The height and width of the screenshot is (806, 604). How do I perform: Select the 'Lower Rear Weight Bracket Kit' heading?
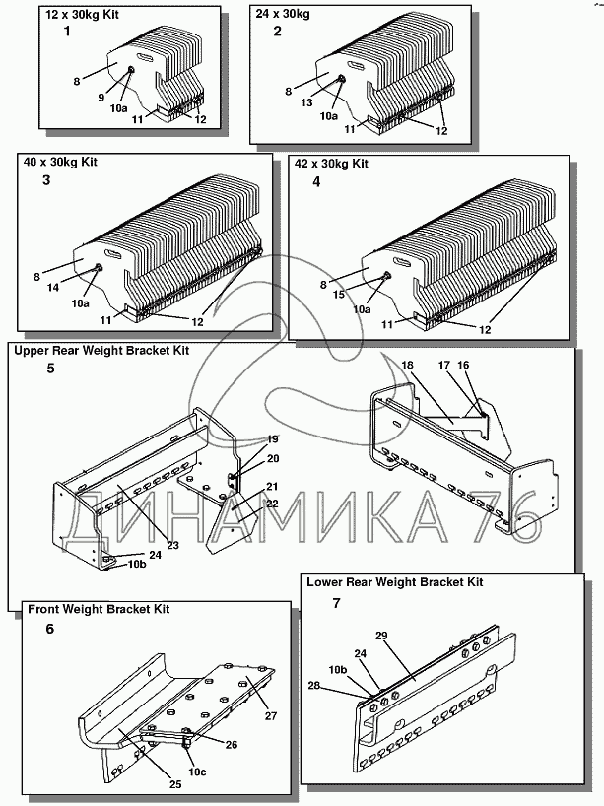tap(394, 582)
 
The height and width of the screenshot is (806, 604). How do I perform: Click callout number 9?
tap(100, 97)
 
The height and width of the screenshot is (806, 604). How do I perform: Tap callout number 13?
tap(307, 102)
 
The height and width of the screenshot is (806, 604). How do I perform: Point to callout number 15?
tap(337, 293)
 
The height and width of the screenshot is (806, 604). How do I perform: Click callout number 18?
tap(407, 365)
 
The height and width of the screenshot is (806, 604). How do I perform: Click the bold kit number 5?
tap(50, 369)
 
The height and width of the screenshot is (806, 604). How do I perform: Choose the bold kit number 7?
tap(337, 602)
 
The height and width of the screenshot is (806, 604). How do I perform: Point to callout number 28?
tap(313, 685)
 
